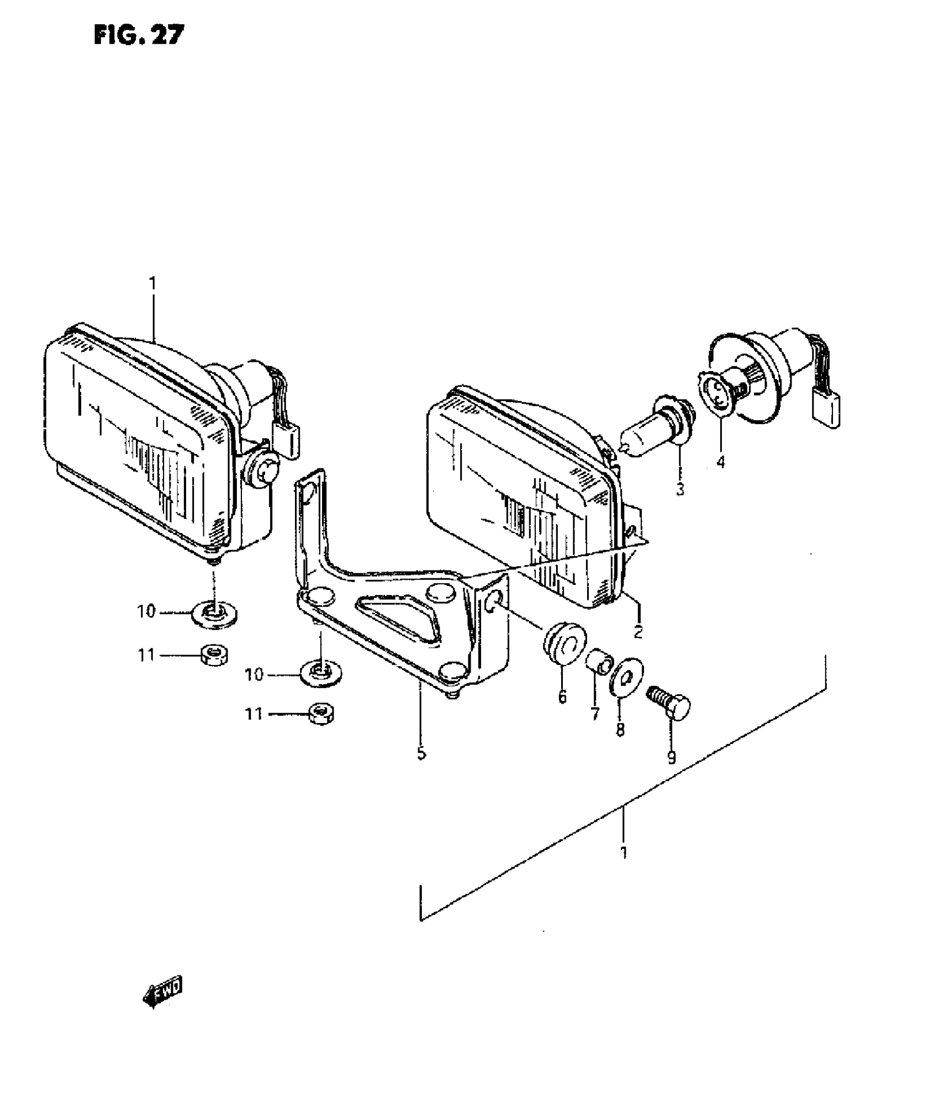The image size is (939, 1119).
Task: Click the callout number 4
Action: pos(721,461)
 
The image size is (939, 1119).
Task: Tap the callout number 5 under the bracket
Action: pos(421,753)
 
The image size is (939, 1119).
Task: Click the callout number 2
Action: pos(638,631)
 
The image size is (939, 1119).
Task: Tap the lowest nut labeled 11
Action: pos(321,714)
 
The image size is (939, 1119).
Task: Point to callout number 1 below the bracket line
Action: pos(624,852)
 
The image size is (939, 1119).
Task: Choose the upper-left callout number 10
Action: pos(146,612)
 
